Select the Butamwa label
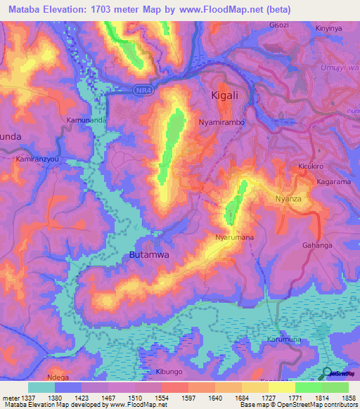[x=149, y=256]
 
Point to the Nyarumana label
[x=234, y=238]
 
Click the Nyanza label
[x=288, y=199]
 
